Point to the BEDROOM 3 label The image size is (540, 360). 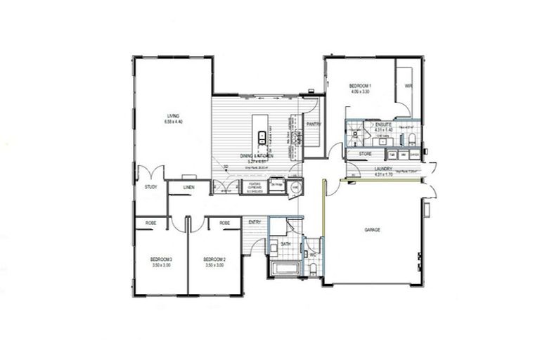coord(161,259)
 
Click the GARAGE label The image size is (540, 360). coord(373,230)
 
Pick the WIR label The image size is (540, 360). coord(407,86)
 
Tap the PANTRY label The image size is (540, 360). coord(314,124)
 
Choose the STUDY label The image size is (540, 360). coord(150,187)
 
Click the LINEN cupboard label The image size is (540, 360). coord(188,188)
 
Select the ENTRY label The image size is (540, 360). coord(255,223)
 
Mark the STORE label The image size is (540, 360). coord(365,153)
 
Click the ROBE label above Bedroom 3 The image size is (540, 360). coord(150,223)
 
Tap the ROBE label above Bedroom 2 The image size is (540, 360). coord(224,223)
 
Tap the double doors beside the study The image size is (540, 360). coord(150,172)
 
